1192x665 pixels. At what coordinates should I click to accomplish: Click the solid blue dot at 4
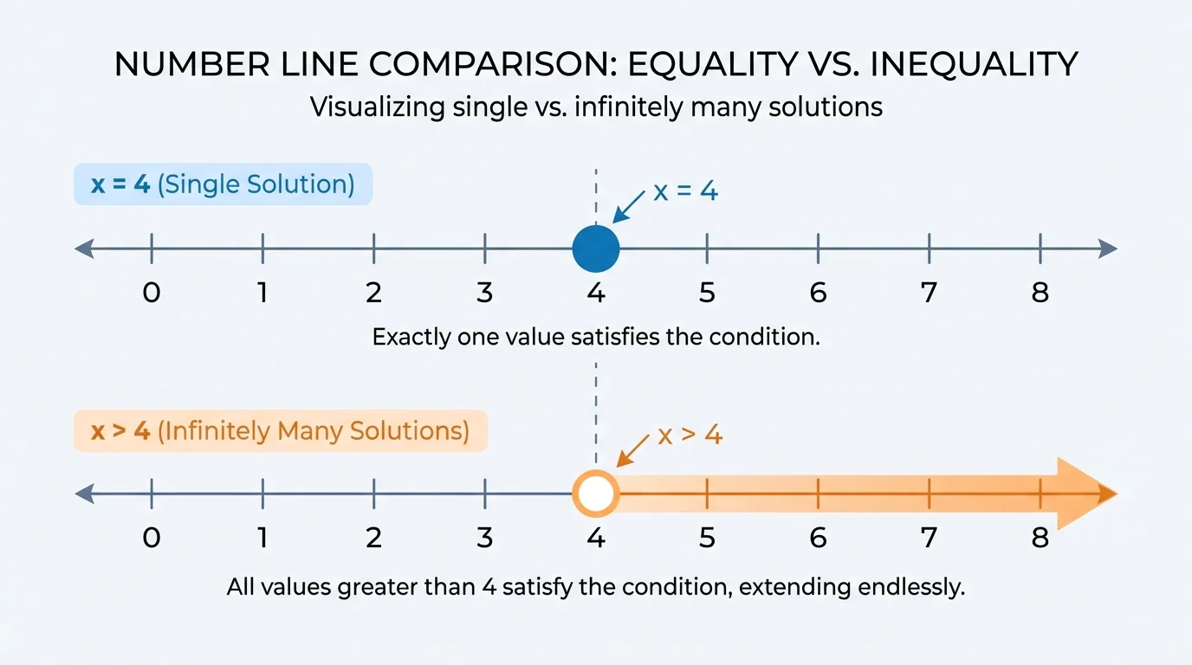click(x=596, y=249)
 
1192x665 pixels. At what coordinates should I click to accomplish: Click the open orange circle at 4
click(x=596, y=494)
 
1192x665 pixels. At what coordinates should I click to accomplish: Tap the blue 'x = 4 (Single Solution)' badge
click(x=223, y=184)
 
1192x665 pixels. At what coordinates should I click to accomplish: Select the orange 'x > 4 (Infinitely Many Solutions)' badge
click(x=281, y=430)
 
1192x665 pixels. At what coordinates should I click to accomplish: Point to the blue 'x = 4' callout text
click(x=685, y=191)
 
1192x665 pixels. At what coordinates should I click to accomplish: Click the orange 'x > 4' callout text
click(x=690, y=435)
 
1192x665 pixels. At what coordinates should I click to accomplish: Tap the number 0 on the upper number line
click(x=152, y=293)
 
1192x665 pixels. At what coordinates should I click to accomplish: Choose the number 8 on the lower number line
click(x=1040, y=538)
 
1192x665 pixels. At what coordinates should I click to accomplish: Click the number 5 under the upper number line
click(x=707, y=293)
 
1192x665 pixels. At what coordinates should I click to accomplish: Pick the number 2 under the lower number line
click(x=373, y=538)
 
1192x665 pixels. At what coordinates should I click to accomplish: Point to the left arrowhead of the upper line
click(x=84, y=249)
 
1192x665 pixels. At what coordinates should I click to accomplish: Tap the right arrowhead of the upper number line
click(x=1108, y=249)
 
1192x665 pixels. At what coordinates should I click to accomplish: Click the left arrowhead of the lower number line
click(x=84, y=494)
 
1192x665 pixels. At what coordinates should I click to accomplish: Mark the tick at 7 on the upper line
click(x=930, y=249)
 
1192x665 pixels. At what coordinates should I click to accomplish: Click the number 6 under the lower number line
click(x=819, y=538)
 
